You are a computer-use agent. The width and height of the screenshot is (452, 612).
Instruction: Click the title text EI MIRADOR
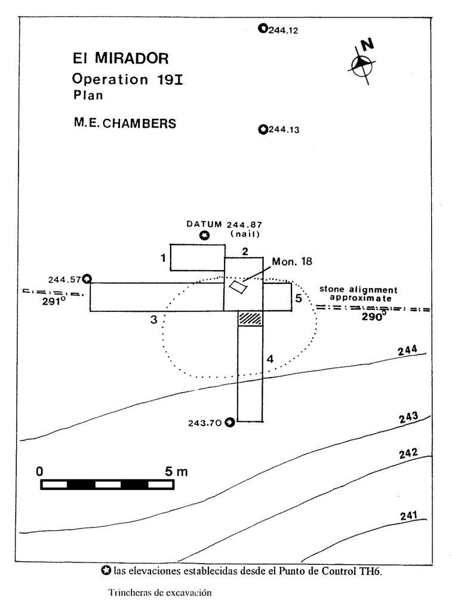(121, 59)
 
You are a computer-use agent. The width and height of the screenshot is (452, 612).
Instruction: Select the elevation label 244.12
(283, 30)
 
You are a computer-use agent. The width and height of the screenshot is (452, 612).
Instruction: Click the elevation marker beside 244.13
(263, 129)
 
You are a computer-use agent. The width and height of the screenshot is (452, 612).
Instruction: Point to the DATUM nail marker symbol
(204, 235)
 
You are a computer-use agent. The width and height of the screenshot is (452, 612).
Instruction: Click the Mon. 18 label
(292, 262)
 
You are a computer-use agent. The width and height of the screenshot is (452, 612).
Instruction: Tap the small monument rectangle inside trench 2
(238, 287)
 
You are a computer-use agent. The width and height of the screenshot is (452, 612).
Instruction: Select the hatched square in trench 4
(250, 319)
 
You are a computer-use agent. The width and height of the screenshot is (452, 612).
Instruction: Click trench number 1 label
(164, 258)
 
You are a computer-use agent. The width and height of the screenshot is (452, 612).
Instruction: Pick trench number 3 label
(154, 320)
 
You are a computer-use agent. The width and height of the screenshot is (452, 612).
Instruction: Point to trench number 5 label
(299, 299)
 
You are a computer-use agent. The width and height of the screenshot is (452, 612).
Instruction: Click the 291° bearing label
(53, 302)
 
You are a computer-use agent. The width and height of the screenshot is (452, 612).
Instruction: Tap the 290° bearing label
(373, 317)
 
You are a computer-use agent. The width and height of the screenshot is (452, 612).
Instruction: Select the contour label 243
(409, 418)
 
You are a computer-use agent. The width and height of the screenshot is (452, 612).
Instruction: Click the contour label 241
(409, 516)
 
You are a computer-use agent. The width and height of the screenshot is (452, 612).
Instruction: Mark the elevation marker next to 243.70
(230, 422)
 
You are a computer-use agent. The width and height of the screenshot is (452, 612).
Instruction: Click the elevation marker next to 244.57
(88, 279)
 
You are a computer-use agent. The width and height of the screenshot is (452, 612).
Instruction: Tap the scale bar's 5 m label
(176, 472)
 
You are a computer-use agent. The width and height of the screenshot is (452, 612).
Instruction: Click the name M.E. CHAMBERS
(125, 123)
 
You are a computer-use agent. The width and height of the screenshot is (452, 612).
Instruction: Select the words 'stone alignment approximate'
(358, 294)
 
